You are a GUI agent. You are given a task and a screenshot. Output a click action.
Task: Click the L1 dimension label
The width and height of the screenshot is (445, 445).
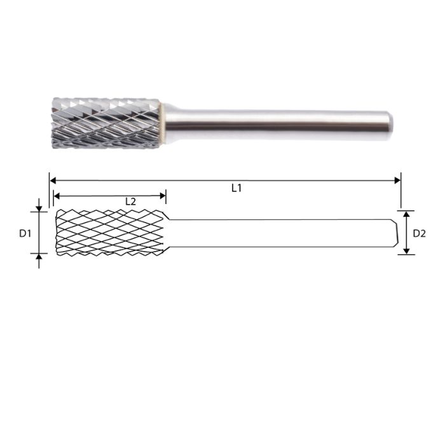[236, 189]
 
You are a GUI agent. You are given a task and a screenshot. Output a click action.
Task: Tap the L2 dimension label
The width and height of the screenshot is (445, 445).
[130, 201]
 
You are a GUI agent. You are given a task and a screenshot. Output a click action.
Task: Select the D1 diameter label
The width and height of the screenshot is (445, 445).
[25, 233]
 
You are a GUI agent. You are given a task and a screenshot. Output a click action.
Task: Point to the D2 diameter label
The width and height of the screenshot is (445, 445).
[420, 233]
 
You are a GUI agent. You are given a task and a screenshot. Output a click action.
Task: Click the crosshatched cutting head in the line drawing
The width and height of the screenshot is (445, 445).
[111, 233]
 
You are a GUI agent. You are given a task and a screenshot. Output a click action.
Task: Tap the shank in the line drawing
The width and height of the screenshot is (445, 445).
[280, 233]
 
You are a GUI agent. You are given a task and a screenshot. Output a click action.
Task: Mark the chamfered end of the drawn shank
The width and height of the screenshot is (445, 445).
[394, 233]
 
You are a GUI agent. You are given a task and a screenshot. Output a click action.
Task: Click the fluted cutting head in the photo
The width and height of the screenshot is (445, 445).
[105, 122]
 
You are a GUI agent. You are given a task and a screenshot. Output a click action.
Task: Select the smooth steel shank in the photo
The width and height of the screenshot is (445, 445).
[273, 122]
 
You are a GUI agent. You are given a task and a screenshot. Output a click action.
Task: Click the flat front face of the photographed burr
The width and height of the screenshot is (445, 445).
[53, 122]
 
